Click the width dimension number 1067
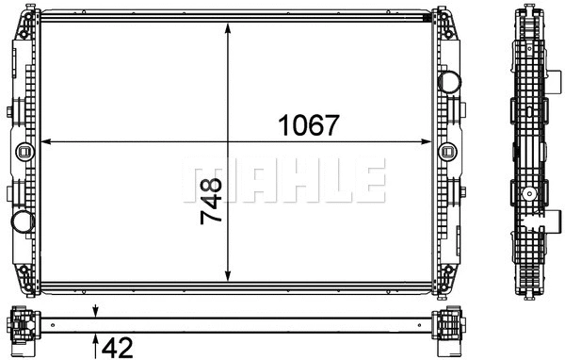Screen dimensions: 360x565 (306, 125)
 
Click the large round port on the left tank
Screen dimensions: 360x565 (22, 223)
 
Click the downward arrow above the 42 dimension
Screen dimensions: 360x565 (96, 312)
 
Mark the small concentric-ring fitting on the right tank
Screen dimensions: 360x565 (449, 149)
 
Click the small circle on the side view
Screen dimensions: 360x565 (532, 196)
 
